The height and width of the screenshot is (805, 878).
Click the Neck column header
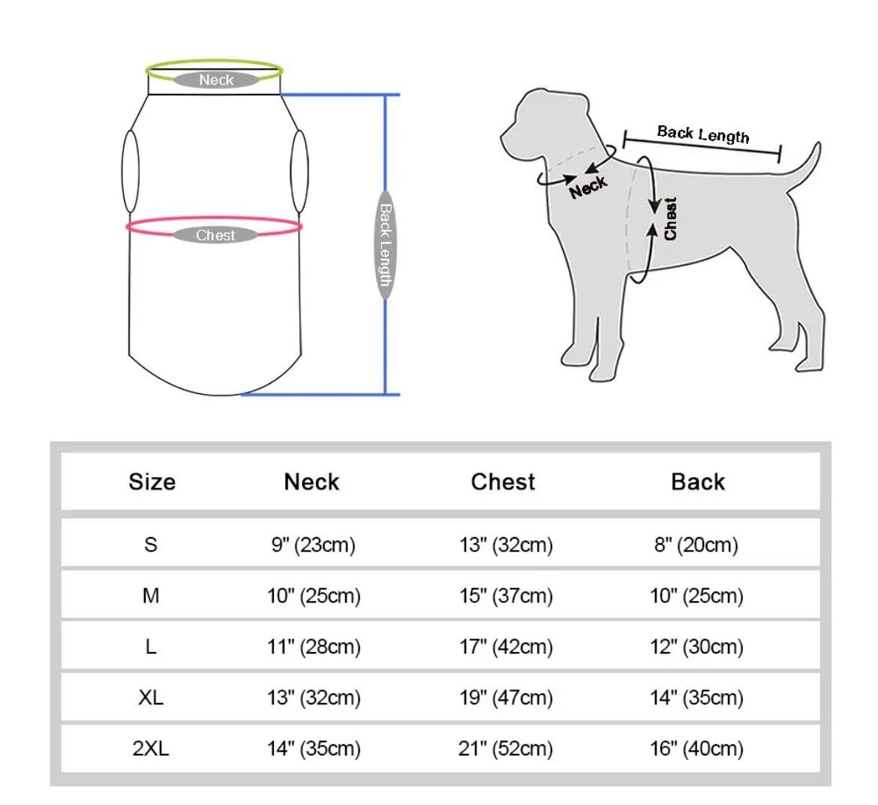[311, 482]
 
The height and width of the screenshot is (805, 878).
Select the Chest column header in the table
[503, 482]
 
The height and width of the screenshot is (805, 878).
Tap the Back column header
[698, 482]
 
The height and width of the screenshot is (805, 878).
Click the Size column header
[152, 482]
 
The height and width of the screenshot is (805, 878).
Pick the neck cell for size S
[313, 545]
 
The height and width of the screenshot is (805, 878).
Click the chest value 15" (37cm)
[506, 596]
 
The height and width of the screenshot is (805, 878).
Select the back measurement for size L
[696, 647]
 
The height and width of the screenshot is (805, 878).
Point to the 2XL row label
[151, 749]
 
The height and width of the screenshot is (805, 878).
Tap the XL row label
[151, 698]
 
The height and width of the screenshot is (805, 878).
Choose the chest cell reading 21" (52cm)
[506, 749]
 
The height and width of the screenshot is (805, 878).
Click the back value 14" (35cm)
[696, 698]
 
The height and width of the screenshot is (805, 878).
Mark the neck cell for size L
[314, 647]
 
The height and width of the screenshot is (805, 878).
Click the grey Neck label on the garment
[216, 80]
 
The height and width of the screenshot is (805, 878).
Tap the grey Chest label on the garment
[215, 236]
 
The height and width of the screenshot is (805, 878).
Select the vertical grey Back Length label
[385, 245]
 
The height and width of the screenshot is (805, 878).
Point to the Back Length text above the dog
[702, 135]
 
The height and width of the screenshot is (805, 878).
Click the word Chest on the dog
[670, 219]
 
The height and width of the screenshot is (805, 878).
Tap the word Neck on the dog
[588, 187]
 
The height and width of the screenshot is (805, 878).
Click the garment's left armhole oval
[131, 172]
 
